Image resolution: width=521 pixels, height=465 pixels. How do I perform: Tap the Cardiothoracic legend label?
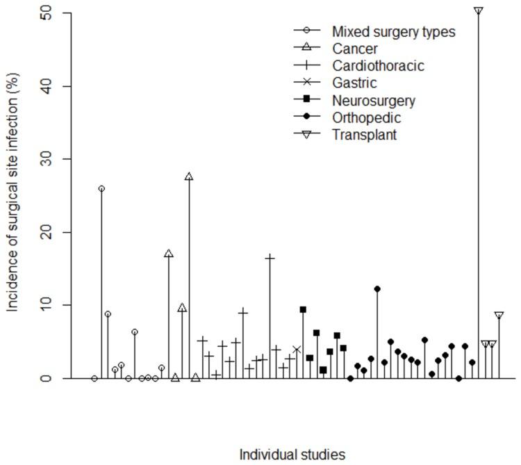coord(378,66)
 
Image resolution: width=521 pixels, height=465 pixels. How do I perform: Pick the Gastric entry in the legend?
coord(354,83)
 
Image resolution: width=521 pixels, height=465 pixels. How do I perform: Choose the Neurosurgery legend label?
coord(374,101)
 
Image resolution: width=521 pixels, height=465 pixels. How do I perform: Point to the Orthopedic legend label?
coord(366,117)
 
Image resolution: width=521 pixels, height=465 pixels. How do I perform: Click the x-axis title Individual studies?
coord(292,455)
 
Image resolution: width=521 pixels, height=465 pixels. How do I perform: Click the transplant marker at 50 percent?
coord(479,11)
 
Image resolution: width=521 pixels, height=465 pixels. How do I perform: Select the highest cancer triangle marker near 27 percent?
coord(189,177)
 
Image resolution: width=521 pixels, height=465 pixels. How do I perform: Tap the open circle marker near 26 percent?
coord(101,188)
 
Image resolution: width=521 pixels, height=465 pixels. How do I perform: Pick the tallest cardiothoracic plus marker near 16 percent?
coord(270,258)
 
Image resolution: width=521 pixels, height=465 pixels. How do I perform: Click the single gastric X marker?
coord(297,350)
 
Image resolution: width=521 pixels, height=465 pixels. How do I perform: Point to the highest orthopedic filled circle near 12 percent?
coord(377,288)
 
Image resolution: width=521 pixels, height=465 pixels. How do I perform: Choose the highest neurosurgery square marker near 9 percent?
coord(303,309)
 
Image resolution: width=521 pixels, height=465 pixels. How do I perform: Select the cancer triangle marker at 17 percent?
coord(169,254)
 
